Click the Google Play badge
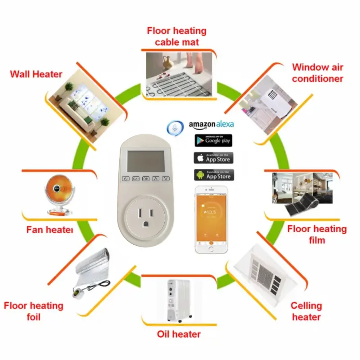click(x=213, y=140)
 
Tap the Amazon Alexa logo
click(x=211, y=124)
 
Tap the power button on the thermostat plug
click(x=126, y=179)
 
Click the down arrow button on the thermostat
click(x=166, y=179)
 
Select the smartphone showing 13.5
click(x=211, y=219)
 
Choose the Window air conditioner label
click(x=317, y=73)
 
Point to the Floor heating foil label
click(x=33, y=311)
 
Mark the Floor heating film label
click(x=317, y=234)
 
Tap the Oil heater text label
click(x=178, y=334)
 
